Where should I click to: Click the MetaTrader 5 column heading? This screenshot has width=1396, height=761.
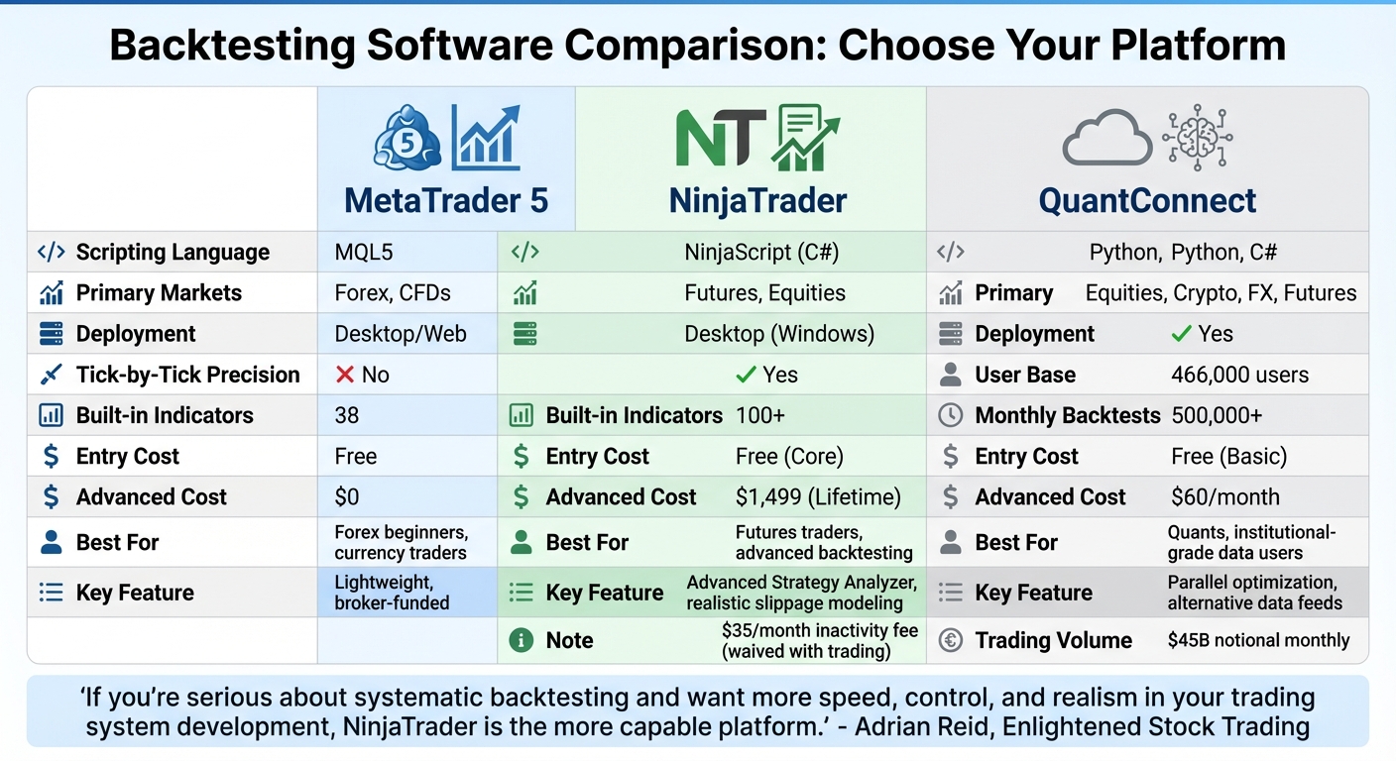tap(445, 201)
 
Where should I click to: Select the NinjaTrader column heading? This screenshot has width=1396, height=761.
tap(757, 201)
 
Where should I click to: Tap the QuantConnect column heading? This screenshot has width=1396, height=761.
tap(1147, 201)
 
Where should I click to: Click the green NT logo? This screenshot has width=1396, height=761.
tap(721, 139)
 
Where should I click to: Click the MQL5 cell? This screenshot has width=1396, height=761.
tap(364, 252)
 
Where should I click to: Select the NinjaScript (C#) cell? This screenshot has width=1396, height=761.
tap(761, 252)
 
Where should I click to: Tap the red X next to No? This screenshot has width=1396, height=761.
tap(345, 375)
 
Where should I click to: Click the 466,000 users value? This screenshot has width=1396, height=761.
tap(1239, 375)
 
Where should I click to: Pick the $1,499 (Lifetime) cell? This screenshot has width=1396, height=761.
tap(818, 496)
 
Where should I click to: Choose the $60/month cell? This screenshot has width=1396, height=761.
tap(1225, 496)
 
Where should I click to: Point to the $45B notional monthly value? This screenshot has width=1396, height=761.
tap(1258, 640)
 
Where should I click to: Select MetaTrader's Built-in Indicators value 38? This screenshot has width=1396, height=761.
tap(347, 415)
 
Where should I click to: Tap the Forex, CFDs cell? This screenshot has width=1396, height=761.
tap(393, 293)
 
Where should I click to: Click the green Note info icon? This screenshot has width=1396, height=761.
tap(521, 640)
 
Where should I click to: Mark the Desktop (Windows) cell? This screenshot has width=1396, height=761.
tap(779, 334)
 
